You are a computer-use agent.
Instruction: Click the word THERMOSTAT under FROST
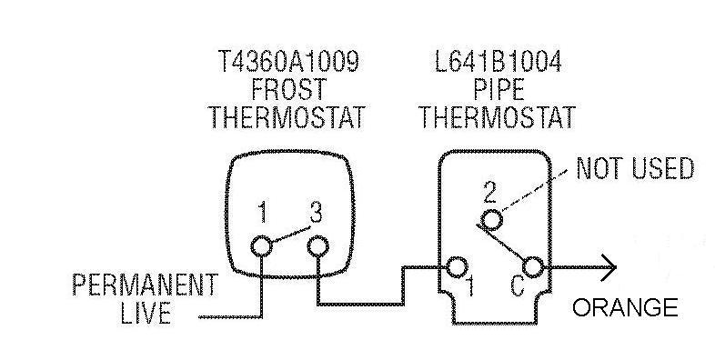288,117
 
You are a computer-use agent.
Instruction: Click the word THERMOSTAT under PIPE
497,117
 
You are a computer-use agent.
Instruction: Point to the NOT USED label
636,168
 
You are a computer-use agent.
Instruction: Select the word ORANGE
625,307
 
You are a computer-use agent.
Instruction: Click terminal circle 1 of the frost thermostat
262,245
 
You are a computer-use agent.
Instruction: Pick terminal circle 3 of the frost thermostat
317,245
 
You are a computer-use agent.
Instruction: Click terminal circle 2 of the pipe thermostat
491,219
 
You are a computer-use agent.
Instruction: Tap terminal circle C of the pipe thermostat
534,266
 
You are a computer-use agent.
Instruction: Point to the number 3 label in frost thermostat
316,215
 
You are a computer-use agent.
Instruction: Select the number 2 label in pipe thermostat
489,191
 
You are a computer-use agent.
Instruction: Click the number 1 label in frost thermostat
262,215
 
